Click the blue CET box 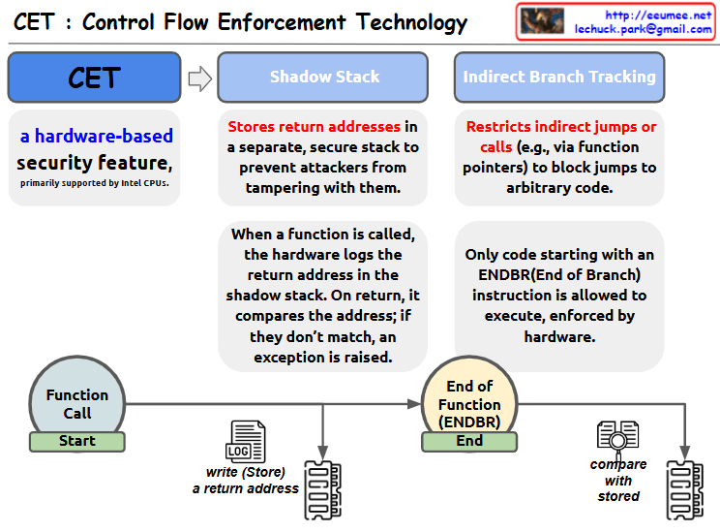pyautogui.click(x=94, y=78)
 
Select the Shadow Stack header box pyautogui.click(x=323, y=78)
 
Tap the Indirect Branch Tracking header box pyautogui.click(x=558, y=78)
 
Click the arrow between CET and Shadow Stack pyautogui.click(x=199, y=78)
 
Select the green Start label pyautogui.click(x=77, y=441)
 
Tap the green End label pyautogui.click(x=469, y=441)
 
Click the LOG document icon pyautogui.click(x=245, y=441)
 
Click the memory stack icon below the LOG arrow pyautogui.click(x=323, y=486)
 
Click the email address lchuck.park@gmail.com pyautogui.click(x=644, y=30)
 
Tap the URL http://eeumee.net pyautogui.click(x=657, y=15)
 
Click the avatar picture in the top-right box pyautogui.click(x=543, y=21)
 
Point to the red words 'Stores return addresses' pyautogui.click(x=314, y=127)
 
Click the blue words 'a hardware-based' pyautogui.click(x=97, y=137)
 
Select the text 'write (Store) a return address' pyautogui.click(x=246, y=481)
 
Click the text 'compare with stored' pyautogui.click(x=618, y=481)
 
